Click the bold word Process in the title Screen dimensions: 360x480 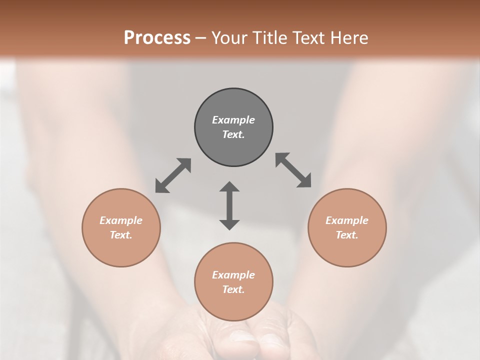click(x=157, y=38)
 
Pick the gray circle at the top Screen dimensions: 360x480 click(x=233, y=105)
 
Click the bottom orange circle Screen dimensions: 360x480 click(x=233, y=305)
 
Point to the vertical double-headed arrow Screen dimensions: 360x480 click(x=229, y=205)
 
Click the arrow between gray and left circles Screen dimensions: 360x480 click(x=173, y=175)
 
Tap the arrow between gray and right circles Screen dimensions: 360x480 click(x=293, y=170)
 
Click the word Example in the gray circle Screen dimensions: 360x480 click(x=233, y=120)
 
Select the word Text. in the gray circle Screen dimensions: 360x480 click(x=233, y=134)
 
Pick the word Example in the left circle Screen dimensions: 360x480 click(x=121, y=220)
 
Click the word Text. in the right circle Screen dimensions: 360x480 click(x=347, y=235)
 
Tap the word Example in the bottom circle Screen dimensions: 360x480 click(x=233, y=275)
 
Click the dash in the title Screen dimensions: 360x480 click(x=200, y=38)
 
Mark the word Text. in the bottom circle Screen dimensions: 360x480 click(x=233, y=289)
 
